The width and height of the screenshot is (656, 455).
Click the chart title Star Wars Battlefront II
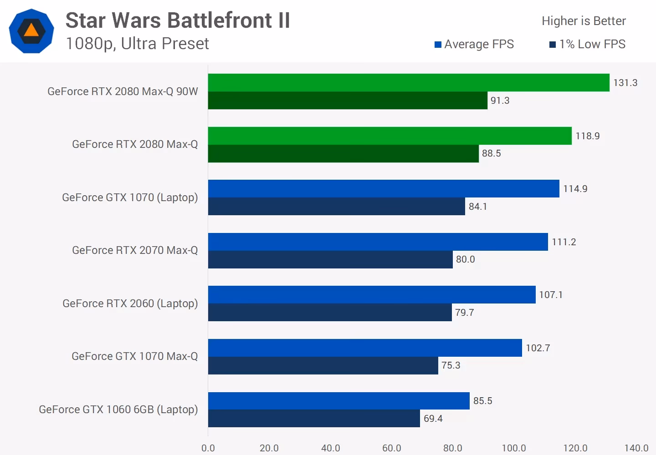coord(178,20)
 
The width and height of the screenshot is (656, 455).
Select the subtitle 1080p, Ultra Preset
coord(137,44)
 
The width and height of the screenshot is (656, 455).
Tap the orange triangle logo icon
coord(31,30)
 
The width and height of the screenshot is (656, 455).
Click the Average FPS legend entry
coord(474,44)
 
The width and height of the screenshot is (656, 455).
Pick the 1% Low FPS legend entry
coord(588,44)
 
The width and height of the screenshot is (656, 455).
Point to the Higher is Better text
coord(584,21)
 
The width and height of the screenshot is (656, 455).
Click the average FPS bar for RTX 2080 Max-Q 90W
coord(409,83)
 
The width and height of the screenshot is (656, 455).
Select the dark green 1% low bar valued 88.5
coord(343,154)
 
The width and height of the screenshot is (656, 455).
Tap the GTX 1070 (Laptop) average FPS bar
coord(384,189)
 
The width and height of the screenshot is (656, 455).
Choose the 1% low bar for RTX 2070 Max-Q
coord(330,260)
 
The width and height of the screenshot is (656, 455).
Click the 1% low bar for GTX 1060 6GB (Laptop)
coord(314,419)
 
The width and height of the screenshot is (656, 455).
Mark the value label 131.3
coord(625,83)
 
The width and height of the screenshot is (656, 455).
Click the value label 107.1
coord(551,295)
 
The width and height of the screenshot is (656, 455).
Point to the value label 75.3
coord(451,365)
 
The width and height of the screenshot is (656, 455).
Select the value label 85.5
coord(482,401)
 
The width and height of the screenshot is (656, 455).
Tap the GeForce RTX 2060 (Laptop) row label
coord(130,303)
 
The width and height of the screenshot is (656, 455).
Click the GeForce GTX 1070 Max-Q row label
coord(134,356)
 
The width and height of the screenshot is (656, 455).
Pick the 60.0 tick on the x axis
coord(391,448)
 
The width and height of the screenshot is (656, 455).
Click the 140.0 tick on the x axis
coord(636,448)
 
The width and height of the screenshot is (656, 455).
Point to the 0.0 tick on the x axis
coord(208,448)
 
